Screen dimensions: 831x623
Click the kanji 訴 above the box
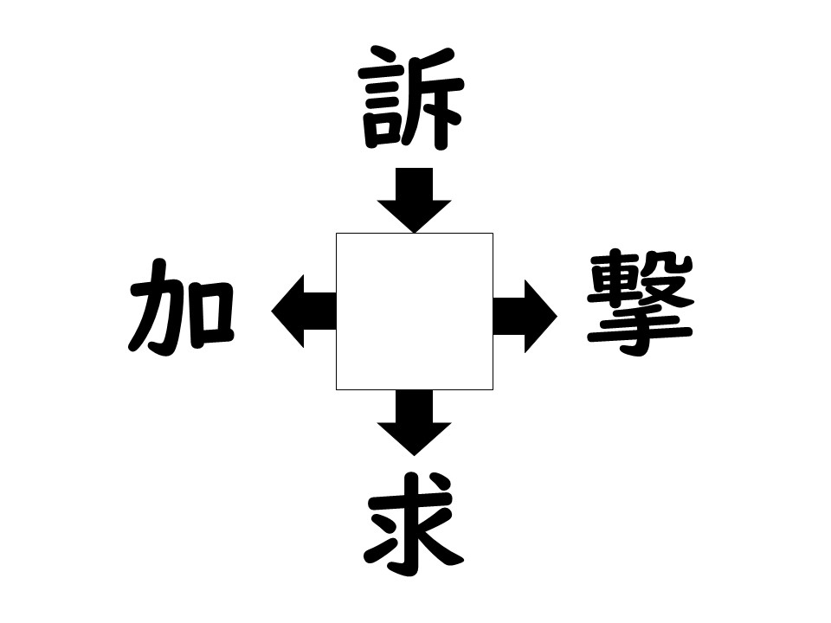pos(411,98)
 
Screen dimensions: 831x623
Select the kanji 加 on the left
pos(181,306)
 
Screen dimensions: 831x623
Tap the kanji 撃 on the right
pos(641,304)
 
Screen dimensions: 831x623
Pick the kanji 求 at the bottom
pos(414,524)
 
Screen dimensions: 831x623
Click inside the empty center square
pos(415,311)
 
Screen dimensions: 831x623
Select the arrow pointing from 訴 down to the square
pos(415,200)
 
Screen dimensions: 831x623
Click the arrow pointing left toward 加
pos(304,311)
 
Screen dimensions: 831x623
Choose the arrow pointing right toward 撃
pos(525,317)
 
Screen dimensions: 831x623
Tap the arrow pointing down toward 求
pos(415,423)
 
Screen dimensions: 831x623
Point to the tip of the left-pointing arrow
pos(271,311)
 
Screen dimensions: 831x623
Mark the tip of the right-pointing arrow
pos(557,317)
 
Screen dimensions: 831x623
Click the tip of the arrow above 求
pos(415,456)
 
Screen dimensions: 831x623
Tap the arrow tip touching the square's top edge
pos(415,233)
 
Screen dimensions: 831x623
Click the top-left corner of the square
pos(336,233)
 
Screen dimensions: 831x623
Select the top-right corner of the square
pos(493,233)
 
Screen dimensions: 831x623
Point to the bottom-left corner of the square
pos(336,390)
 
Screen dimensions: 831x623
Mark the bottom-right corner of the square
pos(493,390)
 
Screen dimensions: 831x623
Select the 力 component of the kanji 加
pos(158,306)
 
